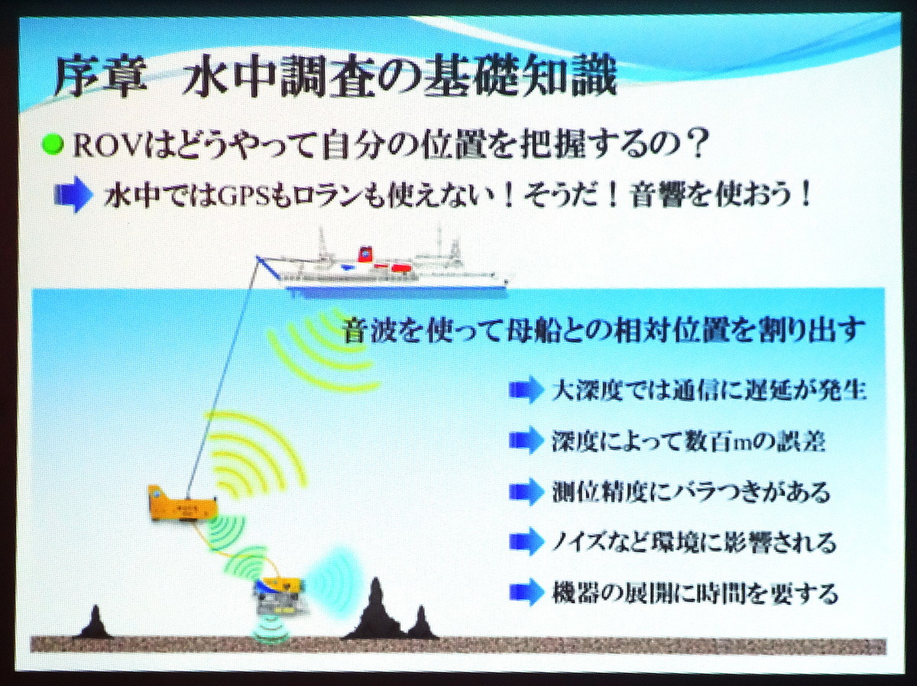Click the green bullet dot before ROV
53,145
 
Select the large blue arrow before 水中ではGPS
73,195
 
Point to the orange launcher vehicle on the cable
183,503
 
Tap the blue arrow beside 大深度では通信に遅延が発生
524,390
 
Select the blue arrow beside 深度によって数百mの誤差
524,440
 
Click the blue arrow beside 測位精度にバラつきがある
524,491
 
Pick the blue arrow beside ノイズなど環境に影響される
524,542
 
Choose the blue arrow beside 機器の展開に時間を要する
524,592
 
